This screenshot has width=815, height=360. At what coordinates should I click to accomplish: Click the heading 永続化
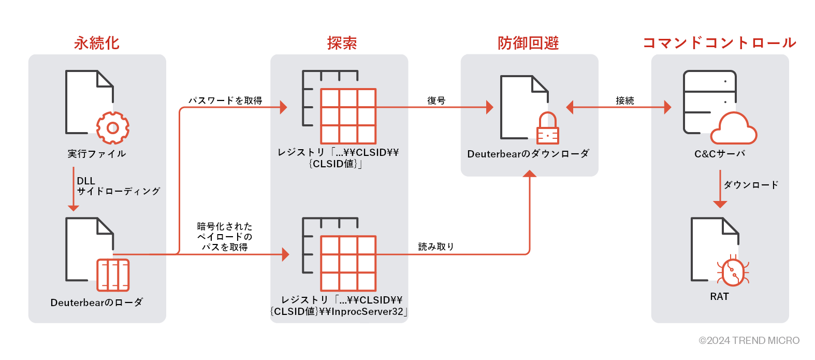tap(97, 43)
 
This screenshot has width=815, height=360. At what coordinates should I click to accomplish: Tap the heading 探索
tap(342, 43)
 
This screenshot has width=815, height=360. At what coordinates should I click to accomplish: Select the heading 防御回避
tap(528, 43)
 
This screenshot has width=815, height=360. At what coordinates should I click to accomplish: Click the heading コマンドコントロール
tap(719, 43)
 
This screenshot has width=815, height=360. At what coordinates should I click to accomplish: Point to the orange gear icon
tap(113, 128)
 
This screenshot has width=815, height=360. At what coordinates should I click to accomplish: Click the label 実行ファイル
tap(97, 154)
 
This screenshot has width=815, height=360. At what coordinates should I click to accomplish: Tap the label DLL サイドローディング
tap(118, 186)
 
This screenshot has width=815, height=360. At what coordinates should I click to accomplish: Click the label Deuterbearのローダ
tap(97, 303)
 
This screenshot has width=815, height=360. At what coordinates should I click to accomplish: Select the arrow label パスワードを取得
tap(225, 100)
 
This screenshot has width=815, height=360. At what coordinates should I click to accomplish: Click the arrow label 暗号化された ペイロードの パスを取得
tap(225, 237)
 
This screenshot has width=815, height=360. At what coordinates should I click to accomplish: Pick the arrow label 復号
tap(436, 100)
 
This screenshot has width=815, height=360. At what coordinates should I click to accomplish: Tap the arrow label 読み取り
tap(436, 247)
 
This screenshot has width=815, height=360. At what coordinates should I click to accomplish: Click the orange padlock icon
tap(547, 129)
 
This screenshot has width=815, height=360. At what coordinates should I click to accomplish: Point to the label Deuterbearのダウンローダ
tap(528, 154)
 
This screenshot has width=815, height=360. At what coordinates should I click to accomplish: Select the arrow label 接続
tap(624, 100)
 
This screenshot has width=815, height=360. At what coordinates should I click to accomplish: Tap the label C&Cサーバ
tap(719, 154)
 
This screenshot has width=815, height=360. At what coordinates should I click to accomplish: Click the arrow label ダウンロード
tap(751, 185)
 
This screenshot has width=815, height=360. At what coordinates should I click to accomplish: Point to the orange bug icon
tap(733, 271)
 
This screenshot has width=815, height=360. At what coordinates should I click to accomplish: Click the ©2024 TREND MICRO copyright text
tap(749, 340)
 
